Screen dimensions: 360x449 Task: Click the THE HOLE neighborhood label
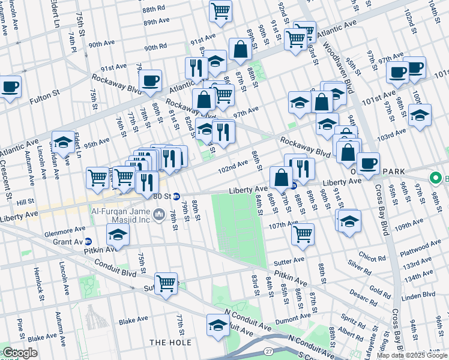click(170, 343)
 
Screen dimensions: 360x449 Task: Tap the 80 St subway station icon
click(176, 196)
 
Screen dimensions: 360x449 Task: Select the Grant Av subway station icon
click(88, 241)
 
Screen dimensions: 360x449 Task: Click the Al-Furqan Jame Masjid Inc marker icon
click(160, 214)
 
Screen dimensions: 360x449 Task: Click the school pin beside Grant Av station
click(119, 236)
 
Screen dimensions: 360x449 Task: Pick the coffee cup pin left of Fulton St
click(10, 86)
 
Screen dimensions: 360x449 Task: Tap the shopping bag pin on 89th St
click(240, 51)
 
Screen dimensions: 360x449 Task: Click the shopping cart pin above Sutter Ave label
click(166, 283)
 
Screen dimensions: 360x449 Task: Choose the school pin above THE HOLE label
click(217, 325)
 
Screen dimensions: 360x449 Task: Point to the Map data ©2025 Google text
click(412, 355)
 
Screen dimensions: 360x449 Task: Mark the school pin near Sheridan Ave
click(63, 142)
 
